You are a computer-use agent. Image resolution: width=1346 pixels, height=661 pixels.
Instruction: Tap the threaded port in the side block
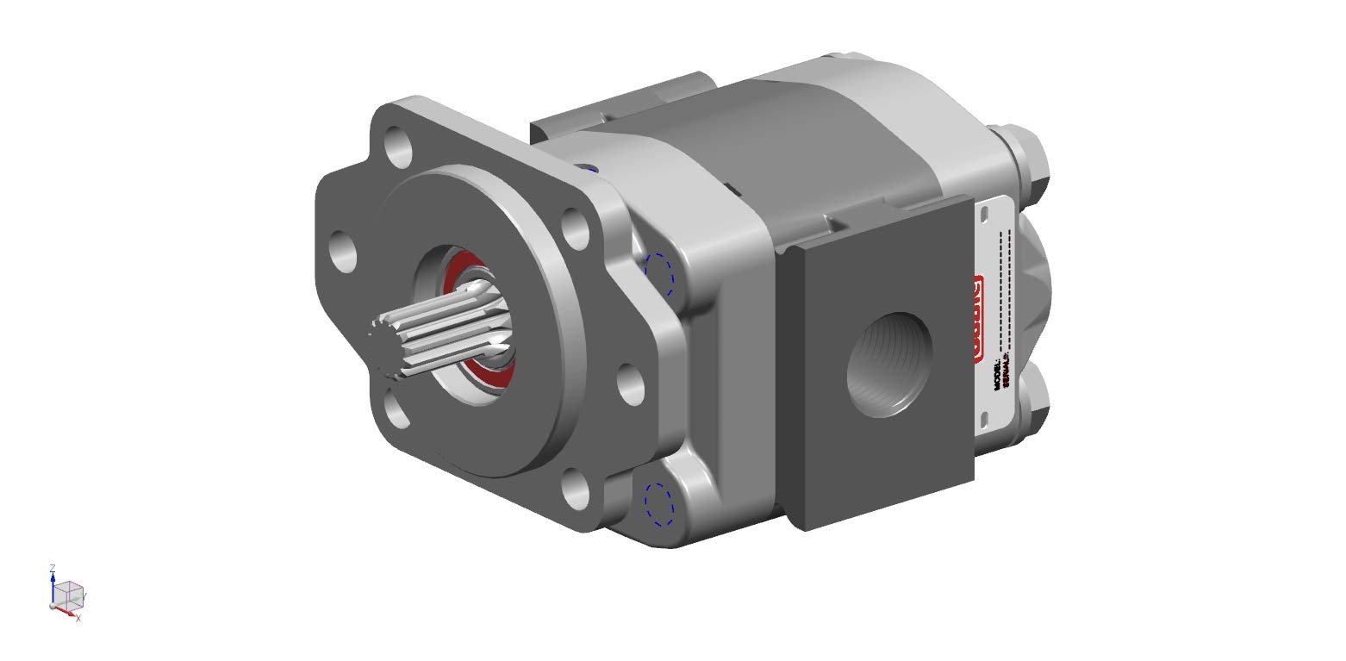[x=888, y=365]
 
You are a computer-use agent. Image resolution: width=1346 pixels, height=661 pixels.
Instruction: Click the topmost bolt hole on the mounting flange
[x=398, y=146]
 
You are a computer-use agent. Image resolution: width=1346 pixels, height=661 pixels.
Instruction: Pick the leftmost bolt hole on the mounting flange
[x=343, y=252]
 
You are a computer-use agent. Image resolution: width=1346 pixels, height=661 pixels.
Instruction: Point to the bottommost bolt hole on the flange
[x=575, y=488]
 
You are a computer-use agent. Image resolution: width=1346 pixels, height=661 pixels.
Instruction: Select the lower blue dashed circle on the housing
[x=658, y=503]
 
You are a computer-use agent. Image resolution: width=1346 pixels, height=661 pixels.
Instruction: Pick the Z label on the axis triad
[x=53, y=568]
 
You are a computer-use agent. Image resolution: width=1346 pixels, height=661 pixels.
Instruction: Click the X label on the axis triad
[x=78, y=618]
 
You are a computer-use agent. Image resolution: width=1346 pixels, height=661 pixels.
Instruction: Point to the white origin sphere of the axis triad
[x=53, y=606]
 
